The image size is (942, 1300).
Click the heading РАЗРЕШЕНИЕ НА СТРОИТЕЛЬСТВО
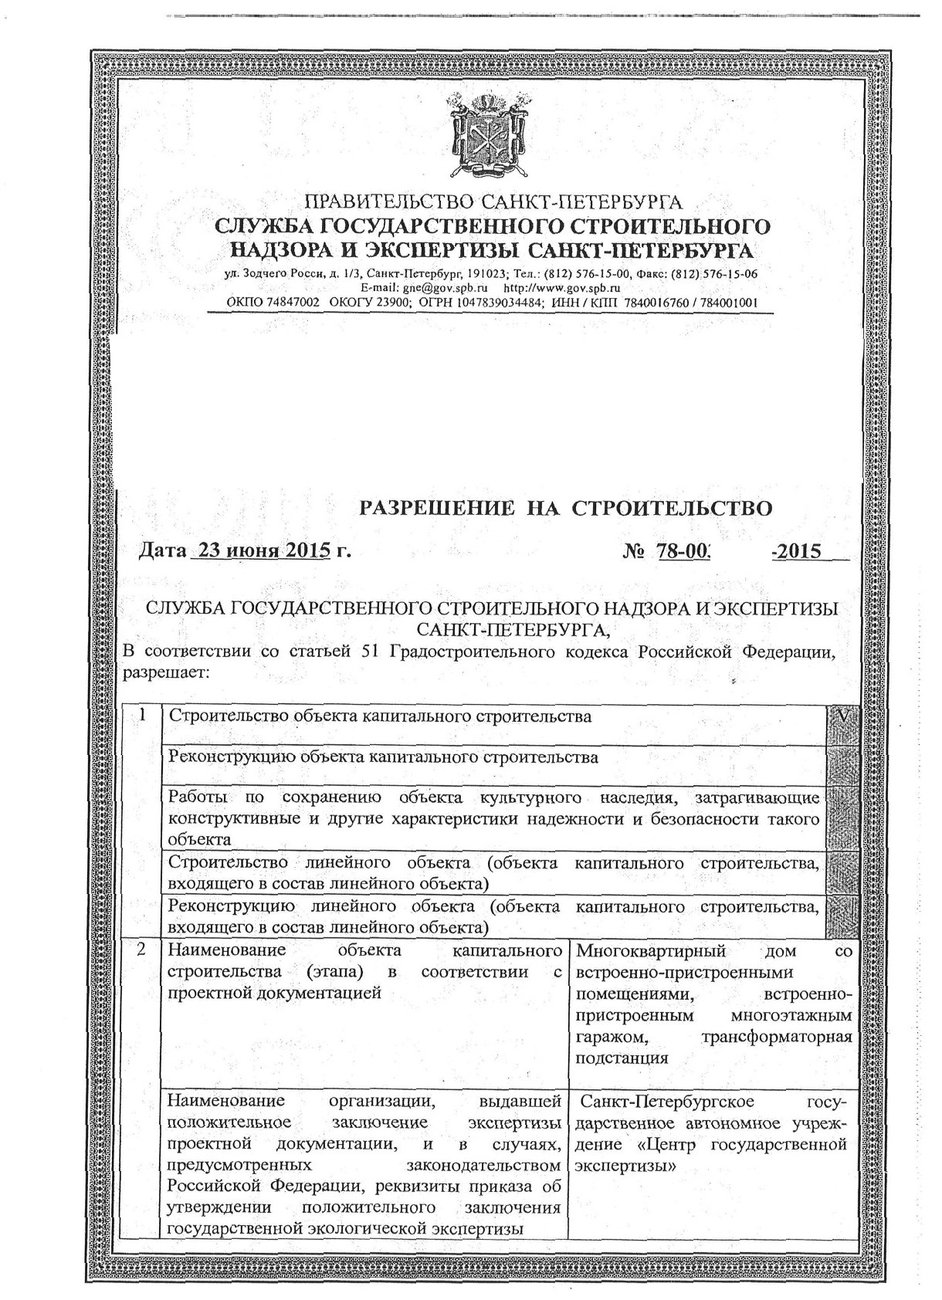[x=567, y=508]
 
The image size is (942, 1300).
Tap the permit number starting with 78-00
[x=683, y=551]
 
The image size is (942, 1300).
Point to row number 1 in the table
[x=142, y=715]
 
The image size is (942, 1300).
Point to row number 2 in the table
[x=141, y=950]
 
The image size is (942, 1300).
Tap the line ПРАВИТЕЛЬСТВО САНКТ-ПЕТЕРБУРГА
[x=494, y=204]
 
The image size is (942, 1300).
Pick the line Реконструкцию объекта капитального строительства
[x=383, y=757]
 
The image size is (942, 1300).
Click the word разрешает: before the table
[x=167, y=672]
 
